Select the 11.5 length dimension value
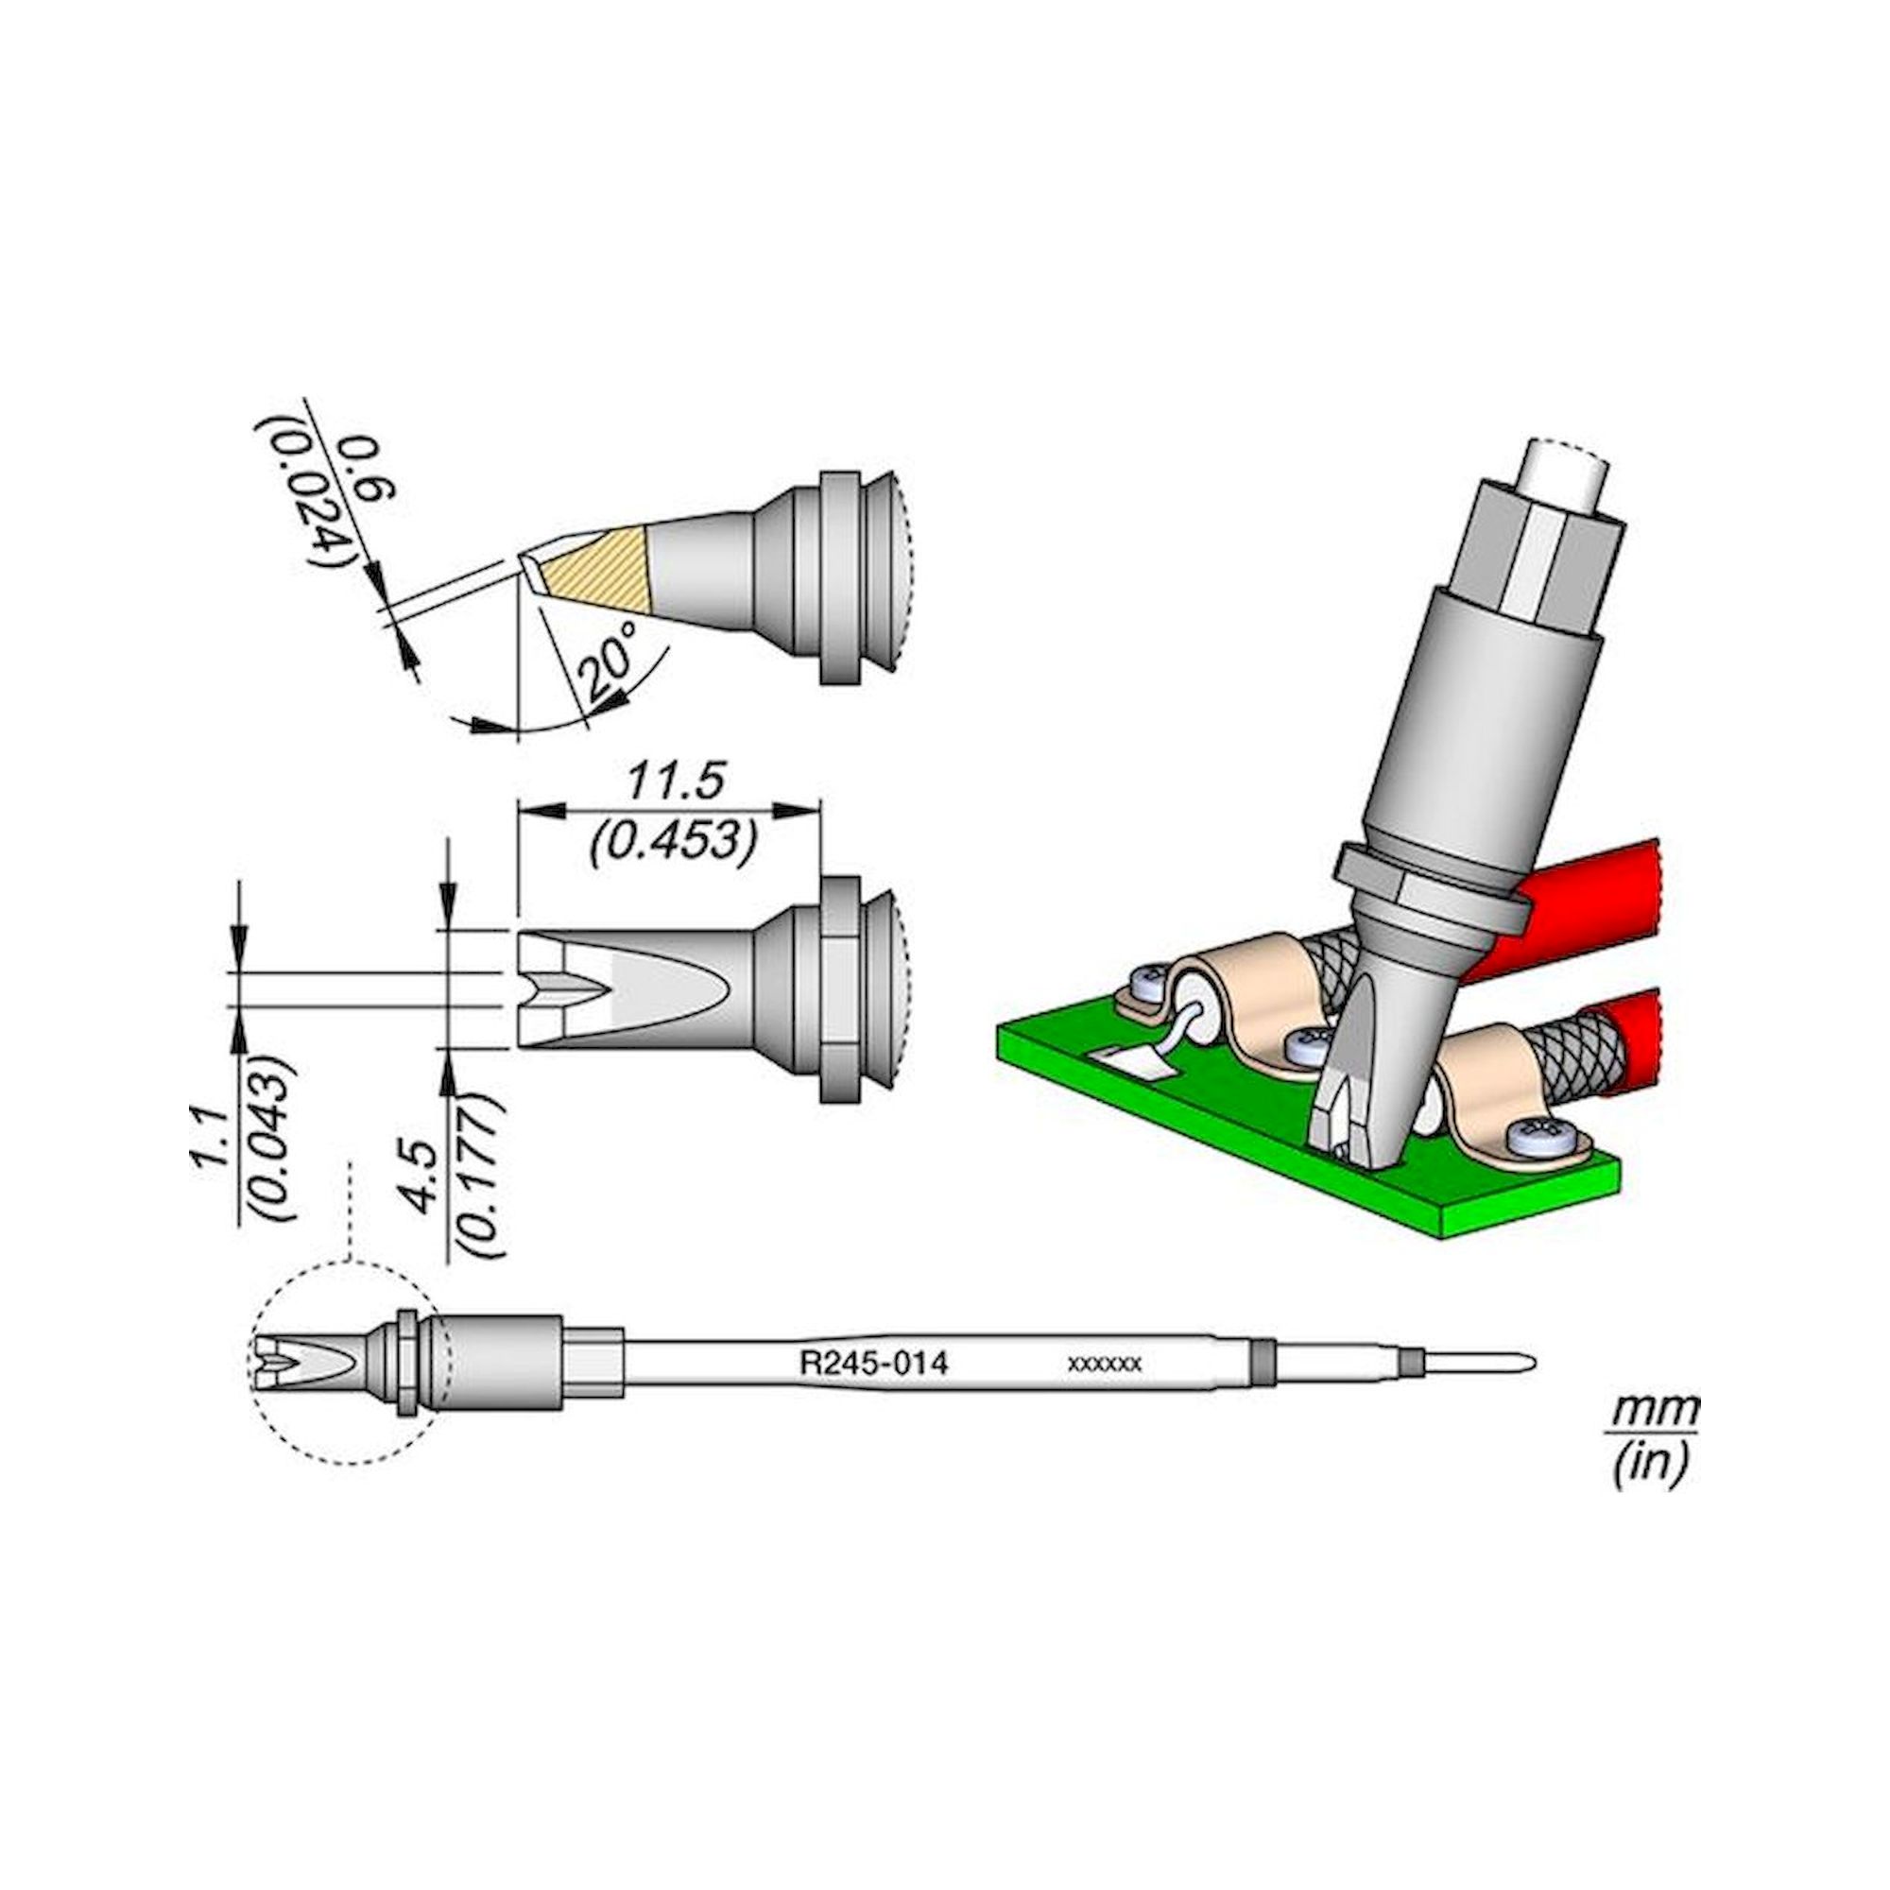(x=675, y=782)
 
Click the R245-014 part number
(x=873, y=1364)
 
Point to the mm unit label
(x=1652, y=1413)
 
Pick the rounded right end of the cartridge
(x=1523, y=1363)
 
